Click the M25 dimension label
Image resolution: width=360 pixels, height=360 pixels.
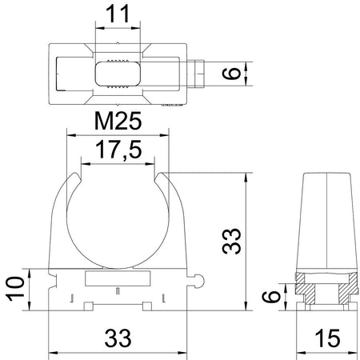[118, 121]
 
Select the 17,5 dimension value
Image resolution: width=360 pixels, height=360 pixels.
[118, 150]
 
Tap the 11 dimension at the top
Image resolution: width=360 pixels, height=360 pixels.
[118, 14]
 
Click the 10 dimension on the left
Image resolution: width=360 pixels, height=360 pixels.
[15, 289]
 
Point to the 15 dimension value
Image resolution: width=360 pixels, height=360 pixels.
[327, 338]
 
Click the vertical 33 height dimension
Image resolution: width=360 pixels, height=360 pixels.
[231, 241]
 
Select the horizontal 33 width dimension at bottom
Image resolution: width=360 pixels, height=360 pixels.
[118, 338]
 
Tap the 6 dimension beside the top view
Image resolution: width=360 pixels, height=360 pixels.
[231, 74]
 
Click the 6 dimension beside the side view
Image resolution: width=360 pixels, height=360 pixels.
[270, 296]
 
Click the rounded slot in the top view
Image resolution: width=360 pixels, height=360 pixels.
[118, 74]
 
